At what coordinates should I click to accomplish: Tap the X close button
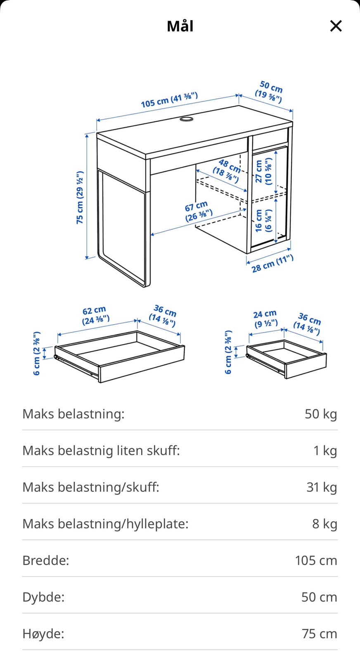click(x=336, y=26)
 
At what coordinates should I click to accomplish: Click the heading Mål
click(x=180, y=26)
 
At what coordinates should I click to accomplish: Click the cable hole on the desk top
click(x=186, y=119)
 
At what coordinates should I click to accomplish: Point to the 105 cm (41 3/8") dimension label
click(x=169, y=100)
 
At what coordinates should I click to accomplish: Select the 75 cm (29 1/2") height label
click(x=80, y=197)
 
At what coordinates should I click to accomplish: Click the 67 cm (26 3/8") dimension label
click(x=198, y=211)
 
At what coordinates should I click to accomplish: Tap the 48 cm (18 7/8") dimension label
click(x=227, y=171)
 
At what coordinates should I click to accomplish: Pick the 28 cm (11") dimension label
click(x=272, y=264)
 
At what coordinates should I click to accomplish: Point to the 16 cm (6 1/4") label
click(x=263, y=221)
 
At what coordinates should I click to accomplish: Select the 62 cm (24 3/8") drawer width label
click(x=95, y=315)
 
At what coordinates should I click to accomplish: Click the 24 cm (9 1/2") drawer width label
click(x=265, y=319)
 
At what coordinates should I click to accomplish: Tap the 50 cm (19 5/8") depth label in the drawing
click(x=270, y=92)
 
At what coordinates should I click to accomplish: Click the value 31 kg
click(x=322, y=487)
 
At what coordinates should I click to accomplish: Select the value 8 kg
click(x=324, y=524)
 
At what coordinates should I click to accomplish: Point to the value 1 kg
click(x=325, y=450)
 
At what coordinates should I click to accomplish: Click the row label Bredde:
click(x=46, y=561)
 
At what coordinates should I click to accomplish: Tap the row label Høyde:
click(x=43, y=634)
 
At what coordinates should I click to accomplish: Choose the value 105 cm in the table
click(x=316, y=561)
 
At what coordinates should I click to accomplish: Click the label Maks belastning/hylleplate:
click(x=105, y=524)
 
